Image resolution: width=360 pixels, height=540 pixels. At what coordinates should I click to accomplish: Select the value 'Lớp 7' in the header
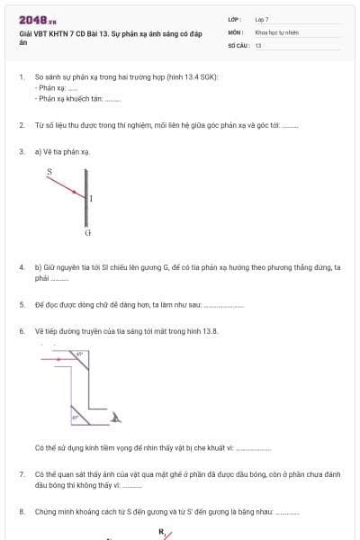262,19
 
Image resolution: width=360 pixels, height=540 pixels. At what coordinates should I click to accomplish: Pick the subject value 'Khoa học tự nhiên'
276,31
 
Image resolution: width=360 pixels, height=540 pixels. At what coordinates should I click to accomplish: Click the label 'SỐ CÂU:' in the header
237,43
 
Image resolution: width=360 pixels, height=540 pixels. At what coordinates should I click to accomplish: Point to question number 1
22,77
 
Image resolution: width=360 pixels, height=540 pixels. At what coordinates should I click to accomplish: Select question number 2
22,125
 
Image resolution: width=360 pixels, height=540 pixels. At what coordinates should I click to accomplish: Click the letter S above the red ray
49,170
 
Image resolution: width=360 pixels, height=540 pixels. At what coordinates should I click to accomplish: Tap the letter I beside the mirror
92,198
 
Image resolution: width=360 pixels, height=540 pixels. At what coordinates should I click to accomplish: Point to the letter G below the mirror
88,233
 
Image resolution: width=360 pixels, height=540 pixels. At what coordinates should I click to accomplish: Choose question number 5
22,305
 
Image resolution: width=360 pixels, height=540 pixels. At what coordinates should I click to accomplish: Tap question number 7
22,472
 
